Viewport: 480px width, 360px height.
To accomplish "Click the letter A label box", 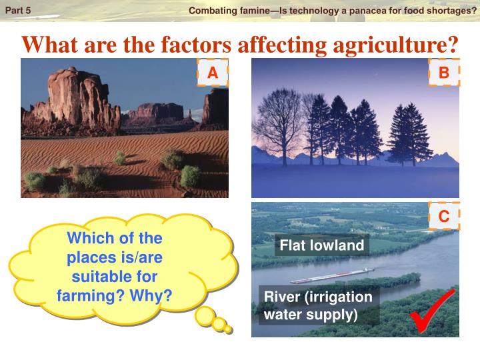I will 213,73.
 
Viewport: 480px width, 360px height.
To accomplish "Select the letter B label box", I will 444,73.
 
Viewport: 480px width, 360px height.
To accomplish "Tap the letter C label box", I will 444,216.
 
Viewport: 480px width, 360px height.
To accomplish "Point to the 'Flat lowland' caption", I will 322,245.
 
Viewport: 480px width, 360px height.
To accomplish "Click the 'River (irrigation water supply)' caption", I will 318,304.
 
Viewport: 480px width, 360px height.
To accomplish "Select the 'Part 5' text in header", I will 18,10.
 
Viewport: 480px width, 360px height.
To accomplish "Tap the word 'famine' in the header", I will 247,10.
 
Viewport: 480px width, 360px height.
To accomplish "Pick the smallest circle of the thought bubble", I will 228,329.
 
